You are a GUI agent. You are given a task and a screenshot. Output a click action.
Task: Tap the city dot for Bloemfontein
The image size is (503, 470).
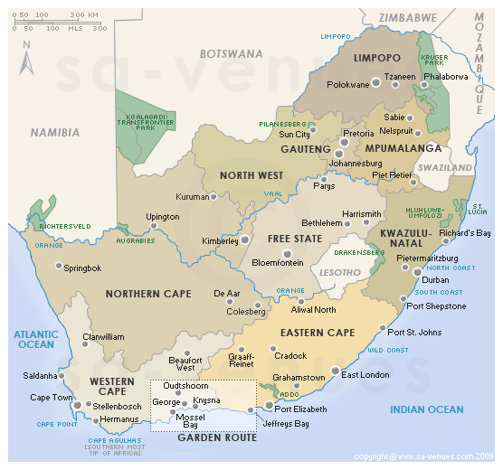tap(287, 253)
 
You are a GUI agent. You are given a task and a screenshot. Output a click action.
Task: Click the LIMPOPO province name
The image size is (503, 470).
tap(377, 58)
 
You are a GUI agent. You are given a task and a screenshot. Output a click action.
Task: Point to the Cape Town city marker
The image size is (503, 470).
tap(79, 406)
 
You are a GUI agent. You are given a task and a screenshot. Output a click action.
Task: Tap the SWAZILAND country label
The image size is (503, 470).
tap(445, 168)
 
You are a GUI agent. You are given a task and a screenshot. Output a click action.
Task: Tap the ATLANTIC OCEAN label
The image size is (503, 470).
tap(35, 339)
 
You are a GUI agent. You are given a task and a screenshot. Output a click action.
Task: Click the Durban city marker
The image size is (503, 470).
tap(417, 271)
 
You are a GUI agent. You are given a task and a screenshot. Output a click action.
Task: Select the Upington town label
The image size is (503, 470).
tap(163, 217)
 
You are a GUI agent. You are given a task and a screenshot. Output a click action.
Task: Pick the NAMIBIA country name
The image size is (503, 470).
tap(54, 132)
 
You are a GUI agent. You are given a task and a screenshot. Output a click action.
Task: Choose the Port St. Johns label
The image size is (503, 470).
tap(416, 331)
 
